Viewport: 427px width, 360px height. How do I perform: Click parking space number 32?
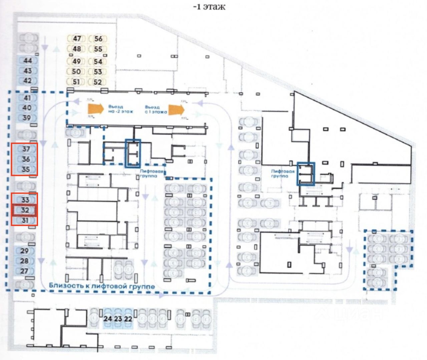[x=25, y=210]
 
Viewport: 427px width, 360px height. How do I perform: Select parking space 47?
[x=77, y=39]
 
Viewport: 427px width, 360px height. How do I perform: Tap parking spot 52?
[x=98, y=82]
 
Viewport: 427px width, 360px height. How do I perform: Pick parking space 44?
[x=28, y=61]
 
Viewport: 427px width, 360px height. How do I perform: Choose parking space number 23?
[x=118, y=319]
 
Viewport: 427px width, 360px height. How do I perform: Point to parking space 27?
[x=24, y=271]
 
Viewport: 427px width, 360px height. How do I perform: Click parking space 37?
[x=26, y=149]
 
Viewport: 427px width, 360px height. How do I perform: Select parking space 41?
[x=27, y=98]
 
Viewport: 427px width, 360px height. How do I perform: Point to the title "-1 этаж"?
[x=209, y=7]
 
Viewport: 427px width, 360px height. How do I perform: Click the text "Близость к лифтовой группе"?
[x=102, y=286]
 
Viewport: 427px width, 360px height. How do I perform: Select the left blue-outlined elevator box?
[x=133, y=153]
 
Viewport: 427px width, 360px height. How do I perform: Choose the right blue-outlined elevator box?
[x=306, y=174]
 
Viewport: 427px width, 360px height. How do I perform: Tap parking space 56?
[x=98, y=39]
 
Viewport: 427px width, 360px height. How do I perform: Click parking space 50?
[x=76, y=71]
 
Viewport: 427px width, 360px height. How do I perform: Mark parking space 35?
[x=26, y=169]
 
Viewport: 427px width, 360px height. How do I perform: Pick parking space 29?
[x=24, y=251]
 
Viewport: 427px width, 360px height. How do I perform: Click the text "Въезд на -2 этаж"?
[x=120, y=109]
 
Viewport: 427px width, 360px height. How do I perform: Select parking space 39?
[x=26, y=118]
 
